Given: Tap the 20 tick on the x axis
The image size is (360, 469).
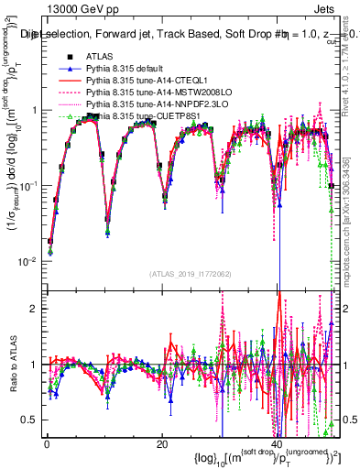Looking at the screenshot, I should click(x=162, y=442).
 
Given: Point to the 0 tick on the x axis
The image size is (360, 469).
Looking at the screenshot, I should click(x=46, y=442).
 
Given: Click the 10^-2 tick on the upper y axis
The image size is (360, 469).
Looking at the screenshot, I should click(x=27, y=261).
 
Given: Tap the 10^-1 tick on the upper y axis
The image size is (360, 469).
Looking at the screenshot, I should click(x=27, y=186).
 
